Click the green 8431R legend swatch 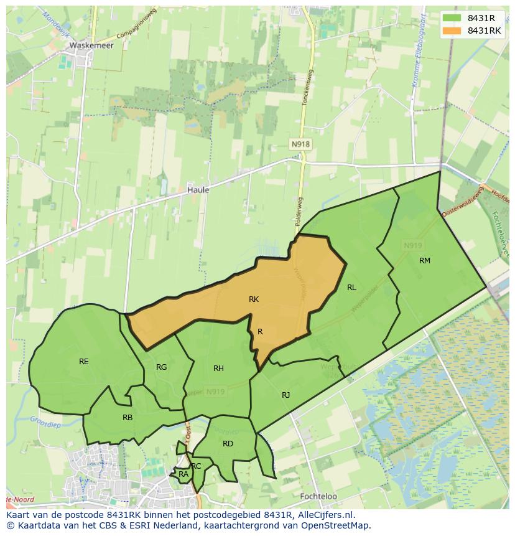(x=452, y=18)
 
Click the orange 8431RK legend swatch (x=452, y=31)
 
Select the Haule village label (x=198, y=190)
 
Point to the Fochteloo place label (x=318, y=497)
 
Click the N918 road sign (x=300, y=144)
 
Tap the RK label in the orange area (x=254, y=299)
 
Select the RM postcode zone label (x=425, y=261)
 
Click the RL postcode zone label (x=351, y=288)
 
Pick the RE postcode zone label (x=84, y=362)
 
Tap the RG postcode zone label (x=162, y=367)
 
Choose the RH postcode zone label (x=218, y=369)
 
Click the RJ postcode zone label (x=285, y=395)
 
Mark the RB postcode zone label (x=128, y=418)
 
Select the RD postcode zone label (x=228, y=444)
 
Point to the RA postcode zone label (x=183, y=474)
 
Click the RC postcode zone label (x=197, y=466)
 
